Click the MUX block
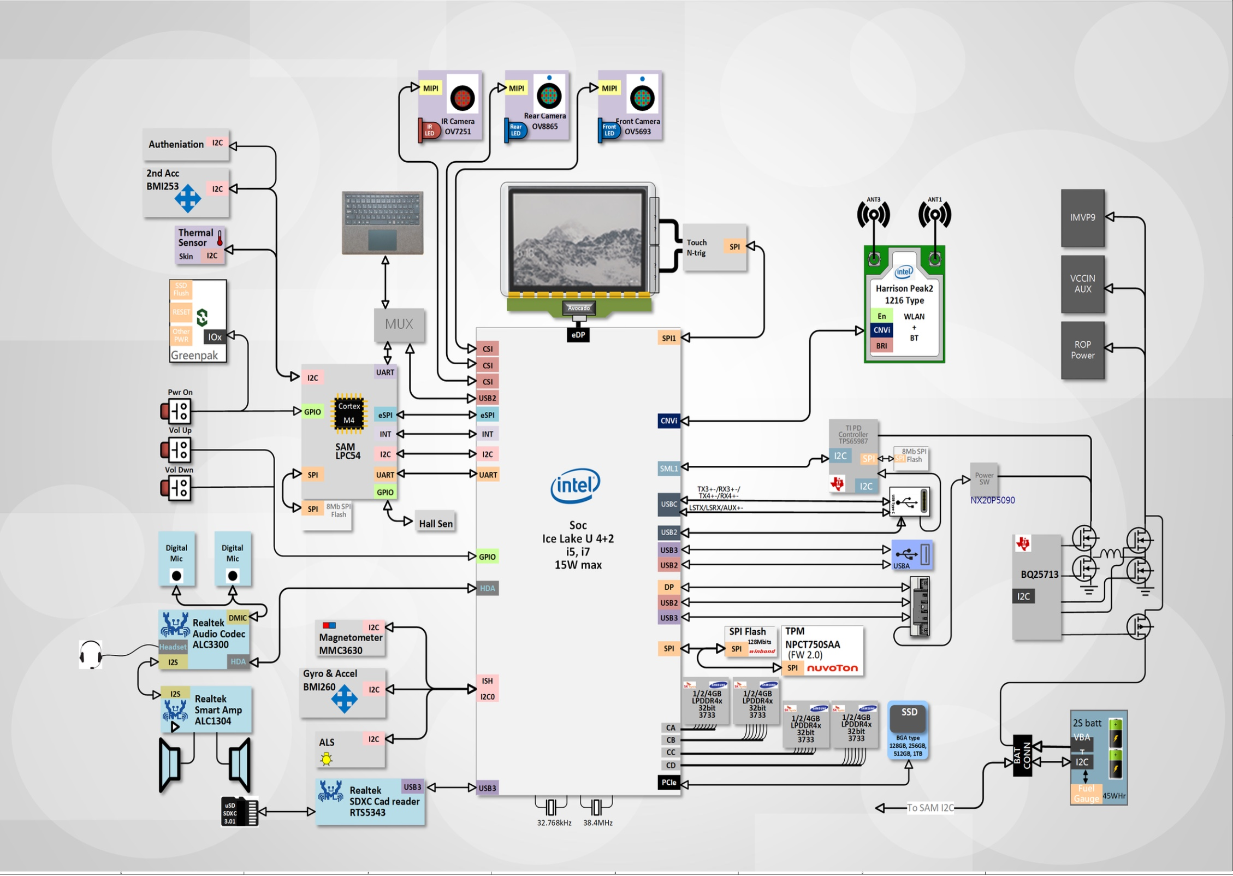point(399,324)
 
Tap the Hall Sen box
point(435,524)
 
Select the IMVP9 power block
point(1082,218)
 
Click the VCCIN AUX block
point(1082,284)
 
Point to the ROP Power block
point(1082,350)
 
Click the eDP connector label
point(578,335)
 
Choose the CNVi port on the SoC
point(668,421)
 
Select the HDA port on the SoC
point(487,589)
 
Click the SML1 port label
point(668,469)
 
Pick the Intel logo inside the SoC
point(575,485)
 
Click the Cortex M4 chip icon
point(348,413)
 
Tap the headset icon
point(91,654)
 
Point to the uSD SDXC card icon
point(239,812)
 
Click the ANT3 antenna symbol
point(873,214)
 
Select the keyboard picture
point(382,223)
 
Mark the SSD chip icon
point(908,719)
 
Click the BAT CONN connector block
point(1022,756)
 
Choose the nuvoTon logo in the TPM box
point(832,668)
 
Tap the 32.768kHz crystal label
point(554,823)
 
